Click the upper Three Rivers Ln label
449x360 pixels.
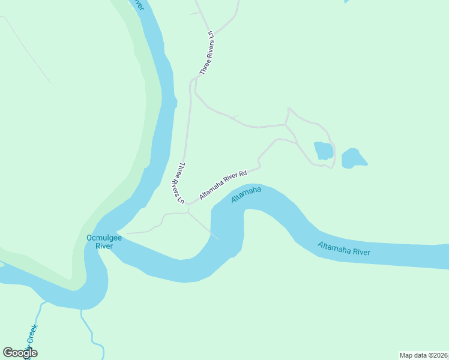point(206,52)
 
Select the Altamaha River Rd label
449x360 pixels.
point(223,185)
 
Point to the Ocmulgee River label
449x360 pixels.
point(104,242)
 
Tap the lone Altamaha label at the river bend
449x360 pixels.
point(246,196)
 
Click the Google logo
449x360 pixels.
point(20,353)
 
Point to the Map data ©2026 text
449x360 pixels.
point(423,355)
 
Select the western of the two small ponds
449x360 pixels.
point(324,151)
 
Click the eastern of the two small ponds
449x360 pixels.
point(353,158)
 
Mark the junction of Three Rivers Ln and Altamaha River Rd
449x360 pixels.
point(188,204)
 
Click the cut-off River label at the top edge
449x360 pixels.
point(139,4)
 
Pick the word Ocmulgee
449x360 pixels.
point(104,238)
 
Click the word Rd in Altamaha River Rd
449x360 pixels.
point(243,174)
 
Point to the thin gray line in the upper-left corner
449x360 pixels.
point(27,48)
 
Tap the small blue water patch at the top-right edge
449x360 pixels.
point(346,2)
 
